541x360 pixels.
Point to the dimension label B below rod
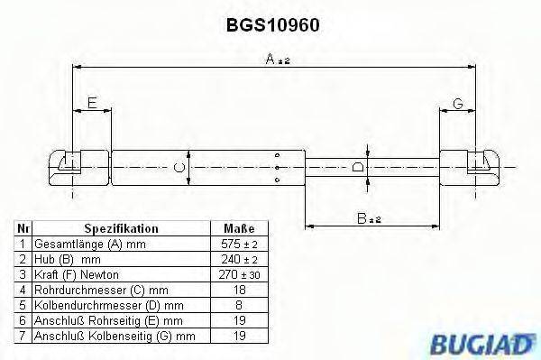coord(367,217)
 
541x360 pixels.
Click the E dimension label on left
coord(92,105)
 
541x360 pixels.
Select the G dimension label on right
coord(458,105)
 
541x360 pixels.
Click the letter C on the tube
coord(179,167)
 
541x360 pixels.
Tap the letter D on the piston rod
coord(359,167)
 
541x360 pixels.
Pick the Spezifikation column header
coord(121,229)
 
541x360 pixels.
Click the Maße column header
coord(238,229)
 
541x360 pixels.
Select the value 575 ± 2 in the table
coord(238,245)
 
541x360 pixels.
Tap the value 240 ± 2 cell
coord(238,259)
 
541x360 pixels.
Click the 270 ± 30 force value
coord(238,274)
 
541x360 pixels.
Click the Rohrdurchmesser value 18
coord(238,289)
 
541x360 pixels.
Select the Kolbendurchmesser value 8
coord(238,304)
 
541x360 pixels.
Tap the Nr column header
coord(23,229)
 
